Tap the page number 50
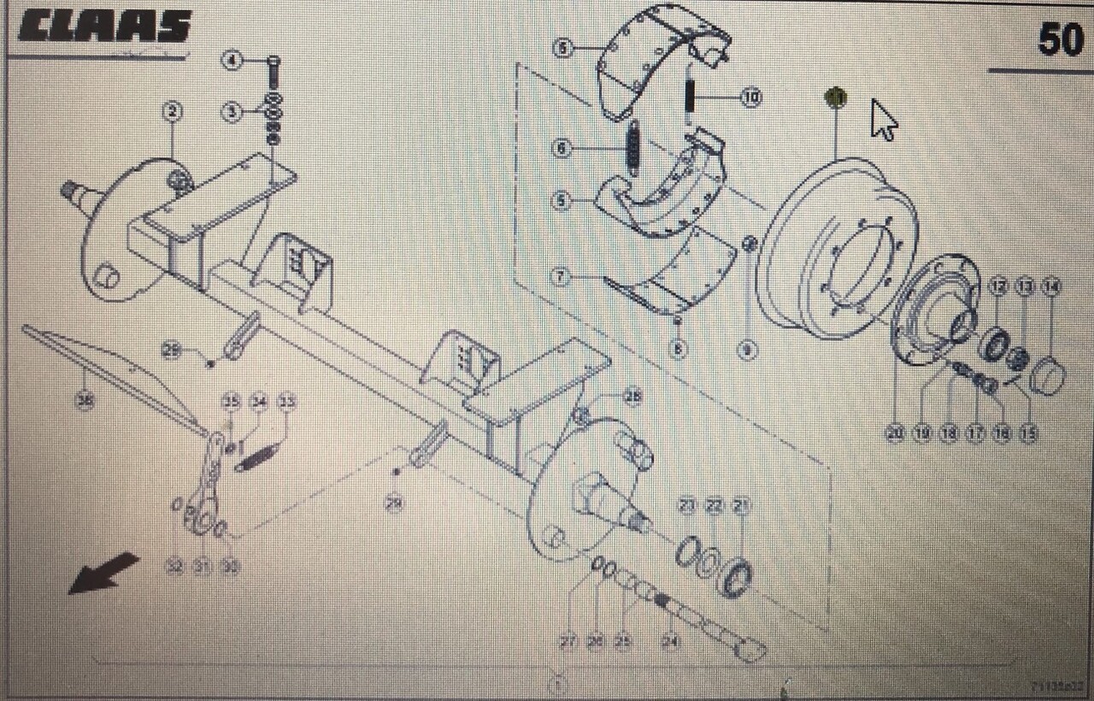click(1060, 38)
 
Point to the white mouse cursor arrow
click(883, 119)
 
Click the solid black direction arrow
click(103, 572)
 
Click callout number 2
click(172, 111)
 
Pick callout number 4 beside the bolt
click(232, 60)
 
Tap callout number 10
click(750, 98)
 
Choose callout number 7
click(561, 277)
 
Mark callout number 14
click(1050, 287)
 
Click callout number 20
click(895, 433)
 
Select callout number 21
click(741, 507)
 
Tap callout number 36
click(84, 400)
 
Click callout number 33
click(287, 402)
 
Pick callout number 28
click(632, 397)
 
